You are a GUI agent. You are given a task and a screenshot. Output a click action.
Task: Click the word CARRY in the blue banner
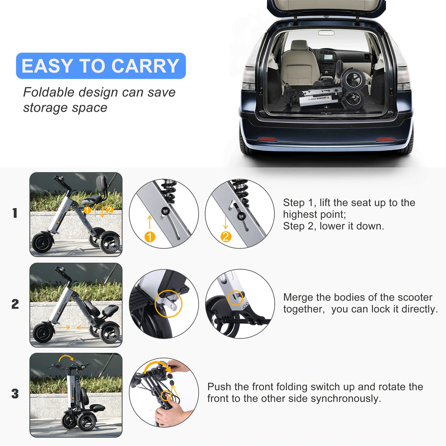pos(145,66)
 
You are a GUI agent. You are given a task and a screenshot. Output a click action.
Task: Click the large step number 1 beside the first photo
pos(15,213)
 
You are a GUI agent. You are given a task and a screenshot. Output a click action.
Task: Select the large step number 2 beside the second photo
pos(15,304)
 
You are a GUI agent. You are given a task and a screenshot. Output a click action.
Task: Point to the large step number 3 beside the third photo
pos(15,394)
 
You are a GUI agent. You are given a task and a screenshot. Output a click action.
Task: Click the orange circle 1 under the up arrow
pos(150,237)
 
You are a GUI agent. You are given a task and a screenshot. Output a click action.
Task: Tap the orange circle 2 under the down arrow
pos(226,237)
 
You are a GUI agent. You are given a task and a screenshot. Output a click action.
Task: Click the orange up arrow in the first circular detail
pos(150,222)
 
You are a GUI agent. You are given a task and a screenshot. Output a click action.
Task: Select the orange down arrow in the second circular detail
pos(226,222)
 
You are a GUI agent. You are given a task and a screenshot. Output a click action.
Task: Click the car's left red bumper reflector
pos(267,139)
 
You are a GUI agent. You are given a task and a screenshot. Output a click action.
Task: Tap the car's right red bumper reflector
pos(385,139)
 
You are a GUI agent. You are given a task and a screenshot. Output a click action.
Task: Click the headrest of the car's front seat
pos(300,45)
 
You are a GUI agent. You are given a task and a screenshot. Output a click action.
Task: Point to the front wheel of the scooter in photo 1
pos(43,242)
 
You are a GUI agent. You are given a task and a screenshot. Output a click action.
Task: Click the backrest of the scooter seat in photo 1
pos(101,182)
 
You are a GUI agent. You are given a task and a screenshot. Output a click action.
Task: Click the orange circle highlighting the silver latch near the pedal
pos(169,304)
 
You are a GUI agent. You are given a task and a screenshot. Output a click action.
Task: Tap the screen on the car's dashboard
pos(328,57)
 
